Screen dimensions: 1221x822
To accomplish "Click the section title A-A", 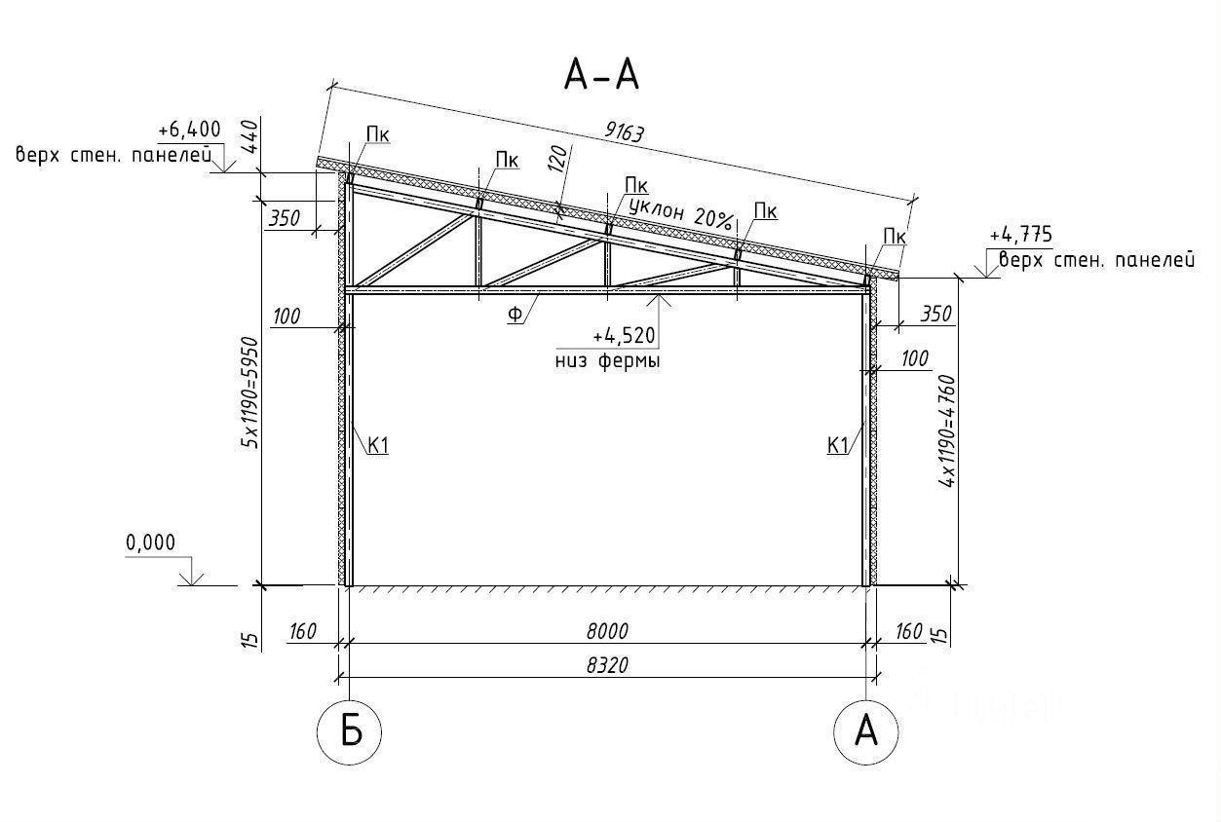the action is pos(601,75).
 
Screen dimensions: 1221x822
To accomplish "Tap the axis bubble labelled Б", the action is pos(350,732).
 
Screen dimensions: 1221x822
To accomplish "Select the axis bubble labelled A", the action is pos(866,732).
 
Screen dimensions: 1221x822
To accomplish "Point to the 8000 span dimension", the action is pos(607,631).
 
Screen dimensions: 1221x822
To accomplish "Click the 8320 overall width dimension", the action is pos(607,665).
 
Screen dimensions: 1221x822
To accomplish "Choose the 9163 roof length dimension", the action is pos(624,131).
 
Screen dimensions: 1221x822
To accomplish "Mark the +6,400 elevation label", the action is pos(189,130).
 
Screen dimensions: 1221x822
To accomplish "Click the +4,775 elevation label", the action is pos(1021,235).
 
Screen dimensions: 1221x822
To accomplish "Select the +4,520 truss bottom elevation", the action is pos(624,336).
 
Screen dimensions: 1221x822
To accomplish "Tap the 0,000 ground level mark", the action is pos(150,542).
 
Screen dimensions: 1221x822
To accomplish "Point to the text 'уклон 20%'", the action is pos(680,213).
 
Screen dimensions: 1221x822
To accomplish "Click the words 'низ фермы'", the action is pos(608,361).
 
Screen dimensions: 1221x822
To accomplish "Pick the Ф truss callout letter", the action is pos(515,315).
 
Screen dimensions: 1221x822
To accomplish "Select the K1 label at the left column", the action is pos(378,446).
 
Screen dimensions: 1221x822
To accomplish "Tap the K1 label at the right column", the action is pos(838,446).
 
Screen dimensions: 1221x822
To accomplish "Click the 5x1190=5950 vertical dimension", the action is pos(249,392).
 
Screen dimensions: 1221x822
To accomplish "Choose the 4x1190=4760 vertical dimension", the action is pos(947,430).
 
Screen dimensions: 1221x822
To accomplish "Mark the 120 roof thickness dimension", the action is pos(558,159).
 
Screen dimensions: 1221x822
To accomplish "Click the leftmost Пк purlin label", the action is pos(378,134).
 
